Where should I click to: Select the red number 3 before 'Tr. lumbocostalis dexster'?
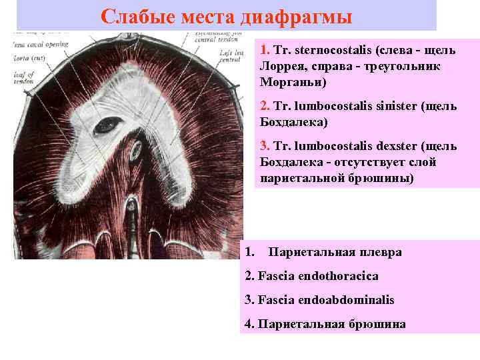(264, 147)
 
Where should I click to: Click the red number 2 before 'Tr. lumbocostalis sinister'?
(264, 107)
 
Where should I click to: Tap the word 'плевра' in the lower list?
(382, 252)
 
